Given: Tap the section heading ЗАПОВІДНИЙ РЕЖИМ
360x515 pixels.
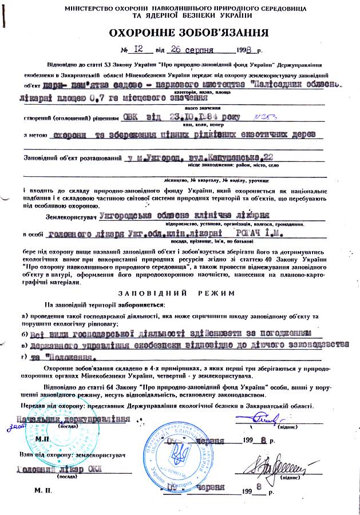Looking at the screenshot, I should pyautogui.click(x=180, y=292).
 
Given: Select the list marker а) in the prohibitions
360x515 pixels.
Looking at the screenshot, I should pyautogui.click(x=24, y=316).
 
